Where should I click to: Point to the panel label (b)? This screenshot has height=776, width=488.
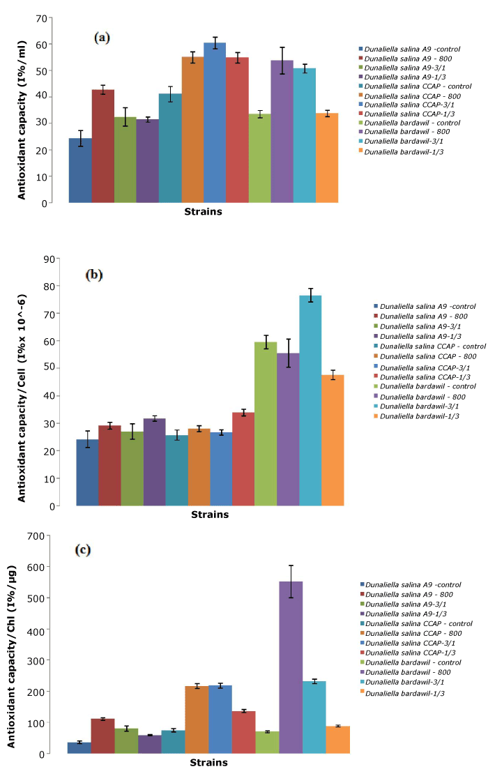click(93, 275)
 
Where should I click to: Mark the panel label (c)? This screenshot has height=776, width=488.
click(83, 550)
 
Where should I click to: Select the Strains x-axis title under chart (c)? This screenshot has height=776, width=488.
click(208, 763)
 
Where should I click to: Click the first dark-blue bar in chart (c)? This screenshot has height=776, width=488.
click(79, 747)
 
